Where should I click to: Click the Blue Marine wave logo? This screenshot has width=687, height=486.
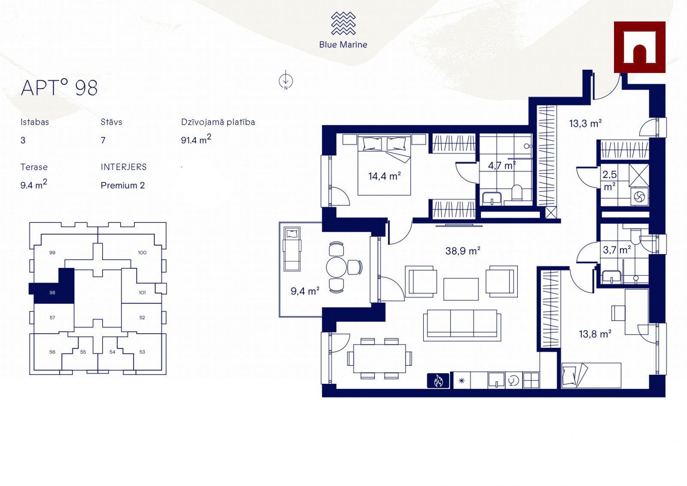point(343,23)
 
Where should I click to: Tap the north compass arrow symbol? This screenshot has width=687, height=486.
point(286,80)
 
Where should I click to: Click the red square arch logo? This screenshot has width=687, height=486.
point(639,47)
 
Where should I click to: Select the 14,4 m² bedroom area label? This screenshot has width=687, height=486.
point(385,176)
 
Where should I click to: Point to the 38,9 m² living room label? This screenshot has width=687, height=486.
point(462,251)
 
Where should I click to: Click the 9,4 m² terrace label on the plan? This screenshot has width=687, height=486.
point(305,291)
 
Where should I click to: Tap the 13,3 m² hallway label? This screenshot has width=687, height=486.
point(585,123)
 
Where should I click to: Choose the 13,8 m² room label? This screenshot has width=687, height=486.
point(595,334)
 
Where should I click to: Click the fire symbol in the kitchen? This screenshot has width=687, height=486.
point(438,381)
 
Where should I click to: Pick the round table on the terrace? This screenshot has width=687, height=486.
point(337,267)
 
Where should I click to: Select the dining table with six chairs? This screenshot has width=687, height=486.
point(380,358)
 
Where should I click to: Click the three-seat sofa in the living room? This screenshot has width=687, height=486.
point(462,325)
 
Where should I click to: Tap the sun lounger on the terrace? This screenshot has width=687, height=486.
point(292,249)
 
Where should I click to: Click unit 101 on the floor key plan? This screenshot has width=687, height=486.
point(142,292)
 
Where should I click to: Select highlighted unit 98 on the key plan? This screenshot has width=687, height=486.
point(52,292)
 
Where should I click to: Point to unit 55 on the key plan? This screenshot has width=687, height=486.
point(83,352)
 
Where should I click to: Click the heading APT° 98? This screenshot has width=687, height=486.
point(59,88)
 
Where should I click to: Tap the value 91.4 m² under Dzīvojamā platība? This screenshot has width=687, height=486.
point(196,139)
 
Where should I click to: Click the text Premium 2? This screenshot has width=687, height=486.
point(123,185)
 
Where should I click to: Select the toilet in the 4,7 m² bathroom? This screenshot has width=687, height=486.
point(517,192)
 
